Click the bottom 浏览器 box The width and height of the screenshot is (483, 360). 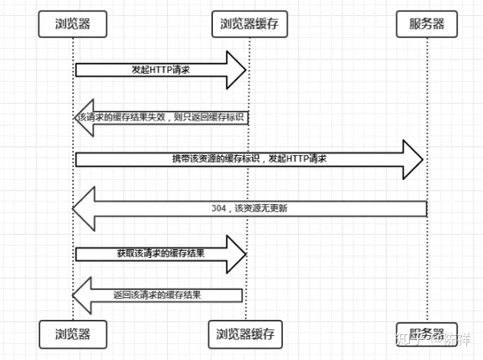click(72, 333)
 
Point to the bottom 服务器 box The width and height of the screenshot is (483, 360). click(426, 333)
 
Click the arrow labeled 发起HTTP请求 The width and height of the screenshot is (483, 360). click(161, 70)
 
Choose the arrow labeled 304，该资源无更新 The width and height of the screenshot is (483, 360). click(249, 208)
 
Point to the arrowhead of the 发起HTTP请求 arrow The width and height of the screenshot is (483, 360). click(236, 70)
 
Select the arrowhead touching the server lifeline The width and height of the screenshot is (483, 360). click(413, 160)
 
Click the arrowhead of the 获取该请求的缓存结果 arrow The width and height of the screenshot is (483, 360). click(235, 253)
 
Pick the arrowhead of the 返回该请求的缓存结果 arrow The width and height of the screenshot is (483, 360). click(83, 295)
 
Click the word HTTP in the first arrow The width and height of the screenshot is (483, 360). click(160, 70)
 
